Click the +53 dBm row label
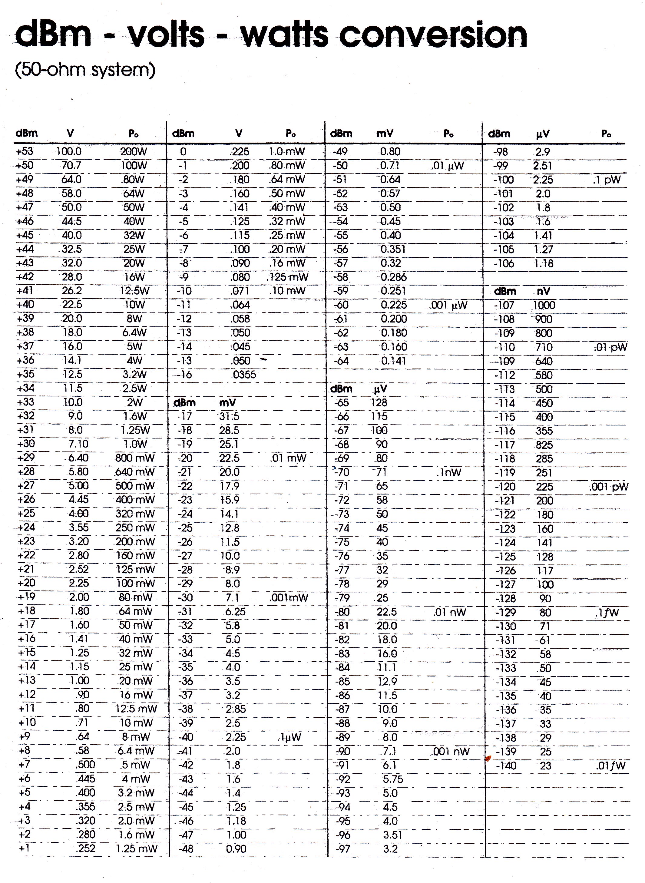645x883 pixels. click(x=25, y=151)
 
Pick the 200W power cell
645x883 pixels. click(x=134, y=152)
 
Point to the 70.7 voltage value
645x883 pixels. click(x=71, y=166)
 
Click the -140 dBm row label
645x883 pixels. click(x=506, y=766)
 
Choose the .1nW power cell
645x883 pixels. click(x=449, y=473)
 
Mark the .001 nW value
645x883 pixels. click(x=450, y=752)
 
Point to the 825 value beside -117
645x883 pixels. click(x=544, y=445)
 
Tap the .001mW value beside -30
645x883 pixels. click(x=289, y=598)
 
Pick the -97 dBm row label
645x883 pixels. click(x=343, y=849)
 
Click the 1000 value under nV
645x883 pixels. click(x=544, y=305)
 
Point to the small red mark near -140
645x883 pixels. click(x=487, y=759)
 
